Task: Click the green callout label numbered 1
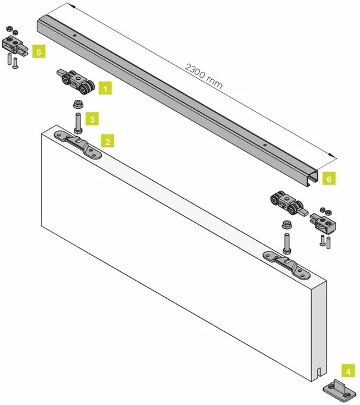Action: (x=105, y=89)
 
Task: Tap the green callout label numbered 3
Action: (x=92, y=120)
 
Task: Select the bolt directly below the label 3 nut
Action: (x=77, y=123)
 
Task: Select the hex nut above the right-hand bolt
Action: (x=286, y=226)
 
